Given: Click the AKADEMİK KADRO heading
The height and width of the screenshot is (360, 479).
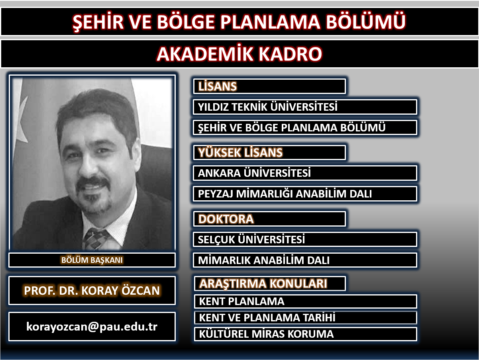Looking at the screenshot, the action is coord(239,54).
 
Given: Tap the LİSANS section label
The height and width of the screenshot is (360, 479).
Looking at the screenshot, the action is coord(217,86).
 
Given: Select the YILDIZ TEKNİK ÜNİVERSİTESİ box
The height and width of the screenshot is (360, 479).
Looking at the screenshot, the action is coord(305,107).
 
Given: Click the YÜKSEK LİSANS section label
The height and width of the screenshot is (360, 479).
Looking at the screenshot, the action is coord(240,153).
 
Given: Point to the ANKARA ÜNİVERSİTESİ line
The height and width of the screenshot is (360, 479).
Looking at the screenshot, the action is coord(254,173).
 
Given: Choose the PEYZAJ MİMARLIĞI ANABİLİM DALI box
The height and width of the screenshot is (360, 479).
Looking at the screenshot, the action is coord(305,194).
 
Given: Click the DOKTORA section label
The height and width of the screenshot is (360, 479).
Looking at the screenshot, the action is coord(226,219).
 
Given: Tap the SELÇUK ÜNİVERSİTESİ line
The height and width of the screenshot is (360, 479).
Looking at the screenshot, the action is coord(251,239).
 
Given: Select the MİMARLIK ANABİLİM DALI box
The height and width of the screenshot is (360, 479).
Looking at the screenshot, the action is coord(305,260).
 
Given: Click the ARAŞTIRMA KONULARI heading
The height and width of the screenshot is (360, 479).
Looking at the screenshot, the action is coord(263,284).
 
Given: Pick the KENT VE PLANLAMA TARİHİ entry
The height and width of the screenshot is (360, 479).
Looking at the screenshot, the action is coord(267,317).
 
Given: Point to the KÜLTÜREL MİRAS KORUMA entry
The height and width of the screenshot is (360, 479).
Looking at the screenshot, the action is coord(266,334).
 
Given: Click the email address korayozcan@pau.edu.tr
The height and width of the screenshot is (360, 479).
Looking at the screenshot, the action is coord(92,327).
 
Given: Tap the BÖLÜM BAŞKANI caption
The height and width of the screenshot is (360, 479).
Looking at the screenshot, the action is coord(92,260).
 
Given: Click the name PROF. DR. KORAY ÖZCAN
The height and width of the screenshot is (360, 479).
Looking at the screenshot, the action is coord(92,290).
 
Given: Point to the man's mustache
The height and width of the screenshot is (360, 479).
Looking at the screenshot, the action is coord(93,182).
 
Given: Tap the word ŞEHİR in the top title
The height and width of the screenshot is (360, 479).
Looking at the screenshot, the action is coord(98,22).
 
